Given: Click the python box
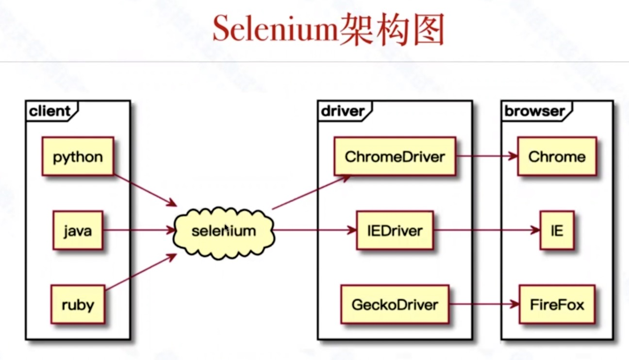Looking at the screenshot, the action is point(78,156).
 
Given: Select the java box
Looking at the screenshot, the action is point(78,230).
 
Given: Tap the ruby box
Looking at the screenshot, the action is point(78,304).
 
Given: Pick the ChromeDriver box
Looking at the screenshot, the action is point(395,156).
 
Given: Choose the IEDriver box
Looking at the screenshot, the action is point(395,230).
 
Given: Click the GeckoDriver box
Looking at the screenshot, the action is point(395,304).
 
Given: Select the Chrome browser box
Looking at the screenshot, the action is point(557,156).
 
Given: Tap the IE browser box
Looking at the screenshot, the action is point(557,230).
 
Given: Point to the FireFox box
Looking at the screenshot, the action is point(557,304).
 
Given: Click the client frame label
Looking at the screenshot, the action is point(50,111).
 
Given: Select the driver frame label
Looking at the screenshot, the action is point(343,111).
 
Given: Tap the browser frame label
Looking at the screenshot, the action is point(535,111).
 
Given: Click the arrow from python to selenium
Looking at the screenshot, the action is point(145,191).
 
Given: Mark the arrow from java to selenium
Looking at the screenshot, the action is point(139,230).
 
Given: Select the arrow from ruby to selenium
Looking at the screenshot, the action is point(141,272).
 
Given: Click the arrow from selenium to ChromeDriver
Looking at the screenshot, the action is point(312,192).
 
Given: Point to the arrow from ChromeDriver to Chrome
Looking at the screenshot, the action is point(487,156).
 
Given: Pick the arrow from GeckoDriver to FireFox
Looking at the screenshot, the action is point(484,304).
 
